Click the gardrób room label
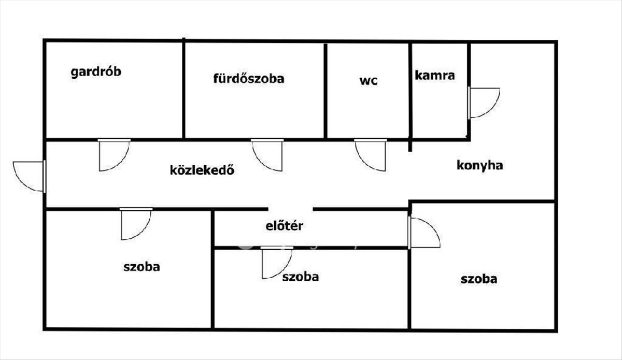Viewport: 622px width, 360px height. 96,72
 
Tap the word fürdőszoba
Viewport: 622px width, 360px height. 249,78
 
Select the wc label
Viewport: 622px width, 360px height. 369,81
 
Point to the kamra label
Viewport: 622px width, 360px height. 435,76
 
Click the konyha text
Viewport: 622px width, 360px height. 480,166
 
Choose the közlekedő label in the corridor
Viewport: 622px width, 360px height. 202,170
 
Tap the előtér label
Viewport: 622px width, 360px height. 284,226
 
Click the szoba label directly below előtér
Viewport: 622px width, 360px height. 301,277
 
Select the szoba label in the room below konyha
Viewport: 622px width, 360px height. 479,279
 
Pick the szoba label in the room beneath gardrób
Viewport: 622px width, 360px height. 142,267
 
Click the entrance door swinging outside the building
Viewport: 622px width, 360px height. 29,176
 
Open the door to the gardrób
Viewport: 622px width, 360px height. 114,155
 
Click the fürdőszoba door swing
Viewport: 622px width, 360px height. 267,155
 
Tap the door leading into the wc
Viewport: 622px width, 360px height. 371,155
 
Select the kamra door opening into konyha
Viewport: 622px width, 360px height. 484,103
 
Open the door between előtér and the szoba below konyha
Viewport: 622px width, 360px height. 424,233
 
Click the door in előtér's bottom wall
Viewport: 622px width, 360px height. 277,262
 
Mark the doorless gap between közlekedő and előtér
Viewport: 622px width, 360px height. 290,209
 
